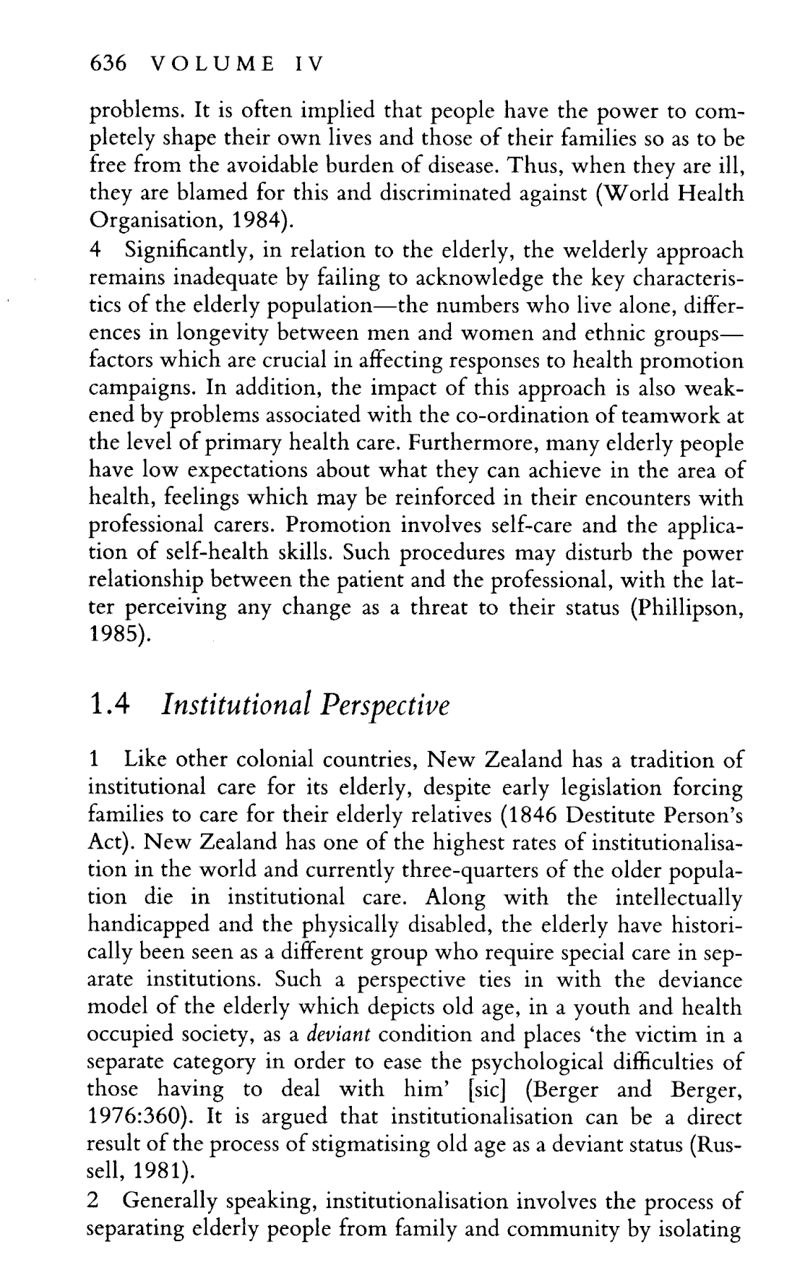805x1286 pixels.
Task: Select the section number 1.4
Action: point(108,704)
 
